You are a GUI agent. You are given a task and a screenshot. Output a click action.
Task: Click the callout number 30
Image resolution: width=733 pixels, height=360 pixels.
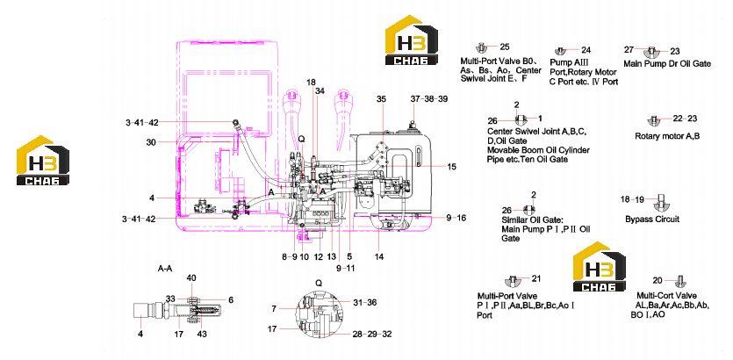pyautogui.click(x=150, y=143)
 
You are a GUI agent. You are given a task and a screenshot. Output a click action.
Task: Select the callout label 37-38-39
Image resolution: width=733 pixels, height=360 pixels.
pyautogui.click(x=429, y=99)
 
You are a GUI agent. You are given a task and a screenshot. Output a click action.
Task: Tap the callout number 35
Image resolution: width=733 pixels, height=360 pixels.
pyautogui.click(x=382, y=99)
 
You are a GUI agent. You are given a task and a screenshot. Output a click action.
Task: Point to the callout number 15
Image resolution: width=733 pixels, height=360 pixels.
pyautogui.click(x=451, y=167)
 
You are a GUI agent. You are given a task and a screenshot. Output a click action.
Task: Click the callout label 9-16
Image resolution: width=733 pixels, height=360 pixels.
pyautogui.click(x=456, y=218)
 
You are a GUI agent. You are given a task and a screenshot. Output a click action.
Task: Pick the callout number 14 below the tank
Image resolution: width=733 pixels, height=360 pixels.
pyautogui.click(x=379, y=256)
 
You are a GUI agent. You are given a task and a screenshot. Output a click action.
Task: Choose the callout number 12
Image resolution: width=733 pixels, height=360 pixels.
pyautogui.click(x=319, y=256)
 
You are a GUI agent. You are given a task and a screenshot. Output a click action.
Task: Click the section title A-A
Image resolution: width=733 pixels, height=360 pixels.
pyautogui.click(x=167, y=269)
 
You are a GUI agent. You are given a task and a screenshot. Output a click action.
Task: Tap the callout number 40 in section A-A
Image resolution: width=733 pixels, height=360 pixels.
pyautogui.click(x=191, y=278)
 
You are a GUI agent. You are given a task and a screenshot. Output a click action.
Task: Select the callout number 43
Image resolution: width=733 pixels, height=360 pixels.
pyautogui.click(x=202, y=334)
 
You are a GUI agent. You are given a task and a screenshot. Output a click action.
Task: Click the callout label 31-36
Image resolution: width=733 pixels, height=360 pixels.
pyautogui.click(x=365, y=303)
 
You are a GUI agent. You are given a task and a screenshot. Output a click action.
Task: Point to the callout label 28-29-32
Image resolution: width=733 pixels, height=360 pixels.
pyautogui.click(x=372, y=334)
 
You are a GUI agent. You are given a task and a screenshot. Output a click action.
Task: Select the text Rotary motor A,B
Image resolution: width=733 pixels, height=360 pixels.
pyautogui.click(x=667, y=136)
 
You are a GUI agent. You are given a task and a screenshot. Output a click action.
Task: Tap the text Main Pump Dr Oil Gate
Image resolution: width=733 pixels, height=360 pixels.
pyautogui.click(x=667, y=63)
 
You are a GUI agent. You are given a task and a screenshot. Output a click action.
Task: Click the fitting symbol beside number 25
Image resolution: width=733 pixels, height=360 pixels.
pyautogui.click(x=482, y=47)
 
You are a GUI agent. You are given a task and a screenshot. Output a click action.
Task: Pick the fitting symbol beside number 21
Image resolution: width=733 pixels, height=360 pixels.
pyautogui.click(x=512, y=280)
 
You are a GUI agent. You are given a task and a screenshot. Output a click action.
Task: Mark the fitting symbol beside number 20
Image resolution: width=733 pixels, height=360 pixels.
pyautogui.click(x=680, y=281)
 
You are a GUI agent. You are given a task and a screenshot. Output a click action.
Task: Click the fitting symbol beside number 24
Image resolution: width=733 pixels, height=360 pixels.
pyautogui.click(x=560, y=51)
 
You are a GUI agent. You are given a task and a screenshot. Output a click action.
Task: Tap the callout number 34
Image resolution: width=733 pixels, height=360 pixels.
pyautogui.click(x=320, y=90)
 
